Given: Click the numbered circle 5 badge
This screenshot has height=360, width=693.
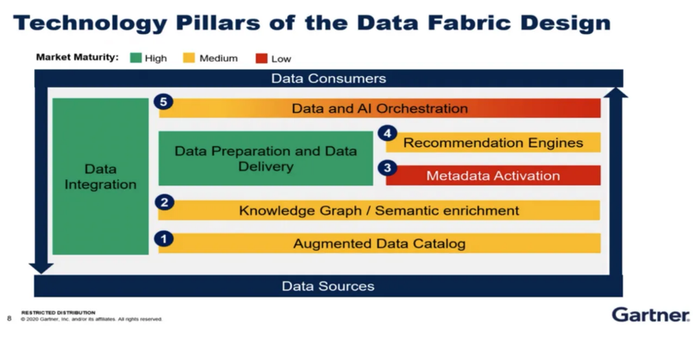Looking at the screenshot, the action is pyautogui.click(x=163, y=102).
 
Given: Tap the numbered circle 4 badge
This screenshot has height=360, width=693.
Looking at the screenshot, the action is pyautogui.click(x=387, y=133).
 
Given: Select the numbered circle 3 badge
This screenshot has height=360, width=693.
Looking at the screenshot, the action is pyautogui.click(x=387, y=168).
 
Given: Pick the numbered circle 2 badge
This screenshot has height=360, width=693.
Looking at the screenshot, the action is pyautogui.click(x=164, y=203).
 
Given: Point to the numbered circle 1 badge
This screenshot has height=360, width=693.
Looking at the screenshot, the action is pyautogui.click(x=164, y=239).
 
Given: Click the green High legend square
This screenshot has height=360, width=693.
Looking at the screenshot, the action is pyautogui.click(x=136, y=58).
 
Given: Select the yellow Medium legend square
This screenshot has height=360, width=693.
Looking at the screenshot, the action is pyautogui.click(x=189, y=58).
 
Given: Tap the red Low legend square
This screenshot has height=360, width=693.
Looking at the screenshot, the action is pyautogui.click(x=261, y=58).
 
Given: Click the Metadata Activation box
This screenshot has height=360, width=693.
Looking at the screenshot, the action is pyautogui.click(x=493, y=175).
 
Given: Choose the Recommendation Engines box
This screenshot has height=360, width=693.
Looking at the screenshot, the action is pyautogui.click(x=493, y=143).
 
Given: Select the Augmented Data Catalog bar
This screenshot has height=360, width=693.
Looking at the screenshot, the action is pyautogui.click(x=379, y=243).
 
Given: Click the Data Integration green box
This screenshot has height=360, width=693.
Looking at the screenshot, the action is pyautogui.click(x=101, y=176).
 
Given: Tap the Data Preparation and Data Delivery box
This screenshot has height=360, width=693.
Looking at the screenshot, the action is pyautogui.click(x=266, y=158).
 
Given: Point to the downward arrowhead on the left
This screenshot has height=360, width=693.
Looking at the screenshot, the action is pyautogui.click(x=41, y=268).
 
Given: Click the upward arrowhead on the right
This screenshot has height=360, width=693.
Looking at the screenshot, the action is pyautogui.click(x=616, y=92).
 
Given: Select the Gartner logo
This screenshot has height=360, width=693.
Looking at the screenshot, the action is pyautogui.click(x=651, y=315).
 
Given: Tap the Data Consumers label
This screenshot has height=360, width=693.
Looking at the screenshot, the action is pyautogui.click(x=328, y=79).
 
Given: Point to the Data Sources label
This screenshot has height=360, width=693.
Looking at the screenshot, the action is pyautogui.click(x=328, y=286).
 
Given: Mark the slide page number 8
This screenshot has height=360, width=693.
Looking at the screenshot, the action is pyautogui.click(x=9, y=318).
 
